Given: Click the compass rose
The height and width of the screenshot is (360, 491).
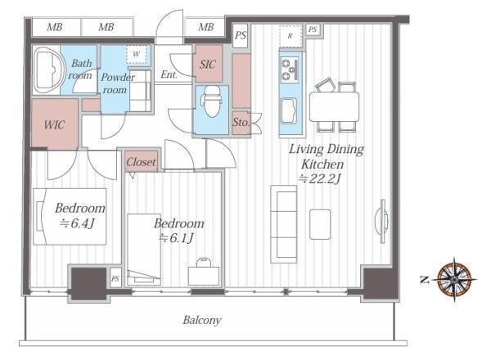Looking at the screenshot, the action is [x=454, y=280].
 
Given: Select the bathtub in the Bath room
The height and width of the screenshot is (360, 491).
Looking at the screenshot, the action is [x=48, y=70].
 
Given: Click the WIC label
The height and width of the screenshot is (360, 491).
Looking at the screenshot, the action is [x=55, y=125].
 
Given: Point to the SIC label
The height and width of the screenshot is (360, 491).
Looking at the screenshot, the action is [x=208, y=65].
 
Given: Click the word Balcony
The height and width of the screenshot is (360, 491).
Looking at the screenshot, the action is [x=202, y=320].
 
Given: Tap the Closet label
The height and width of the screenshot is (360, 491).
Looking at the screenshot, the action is [x=141, y=162].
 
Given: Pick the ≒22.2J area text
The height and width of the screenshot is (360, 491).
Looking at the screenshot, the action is [x=319, y=178].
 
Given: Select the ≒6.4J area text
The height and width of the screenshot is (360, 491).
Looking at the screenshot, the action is [x=78, y=223].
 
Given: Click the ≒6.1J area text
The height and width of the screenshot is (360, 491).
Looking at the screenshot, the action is [x=176, y=238].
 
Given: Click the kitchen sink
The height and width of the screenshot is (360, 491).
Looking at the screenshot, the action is [x=290, y=110].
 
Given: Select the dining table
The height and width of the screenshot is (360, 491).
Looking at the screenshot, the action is [x=334, y=106].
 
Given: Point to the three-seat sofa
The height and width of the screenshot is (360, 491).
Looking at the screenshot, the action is [x=284, y=224].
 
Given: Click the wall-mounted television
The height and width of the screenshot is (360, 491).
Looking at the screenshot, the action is [x=382, y=221].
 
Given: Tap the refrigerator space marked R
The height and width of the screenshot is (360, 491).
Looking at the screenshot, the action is [x=291, y=36].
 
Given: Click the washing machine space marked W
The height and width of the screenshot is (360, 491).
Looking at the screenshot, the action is [x=137, y=54].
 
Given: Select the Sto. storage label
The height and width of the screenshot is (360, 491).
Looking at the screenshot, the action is [x=241, y=123].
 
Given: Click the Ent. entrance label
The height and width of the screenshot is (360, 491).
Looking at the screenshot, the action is [x=169, y=74].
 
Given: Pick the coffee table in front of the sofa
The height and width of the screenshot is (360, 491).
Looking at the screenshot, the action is [x=320, y=224].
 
